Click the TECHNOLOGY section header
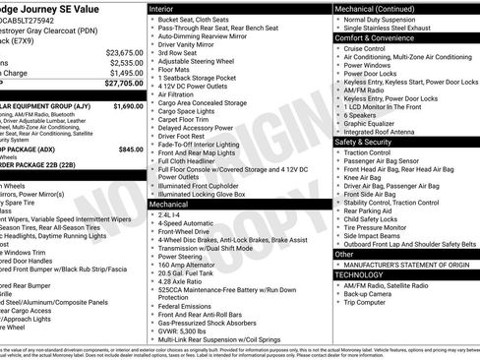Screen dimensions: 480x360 (x=360, y=275)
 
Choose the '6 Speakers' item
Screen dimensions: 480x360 (x=362, y=113)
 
